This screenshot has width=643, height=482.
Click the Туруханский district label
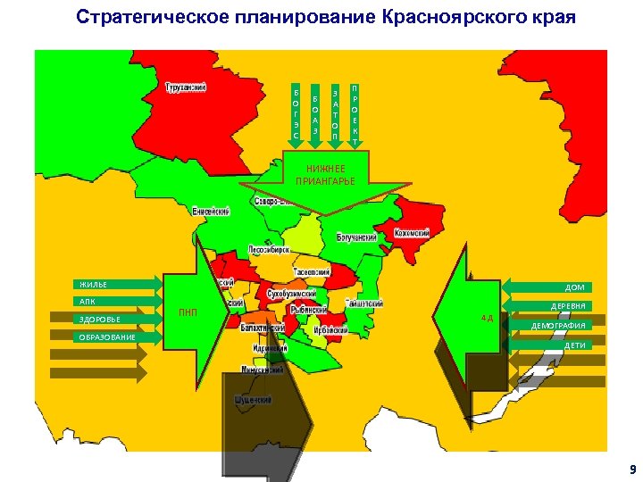click(x=186, y=87)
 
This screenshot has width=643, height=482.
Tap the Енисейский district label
click(x=212, y=212)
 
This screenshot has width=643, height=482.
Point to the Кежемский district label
click(x=412, y=234)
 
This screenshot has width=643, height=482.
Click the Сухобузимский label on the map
click(x=292, y=292)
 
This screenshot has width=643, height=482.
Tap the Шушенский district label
click(x=253, y=401)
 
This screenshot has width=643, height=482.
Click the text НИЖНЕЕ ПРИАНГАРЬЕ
click(x=325, y=175)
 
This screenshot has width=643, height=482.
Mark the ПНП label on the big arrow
click(x=188, y=312)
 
